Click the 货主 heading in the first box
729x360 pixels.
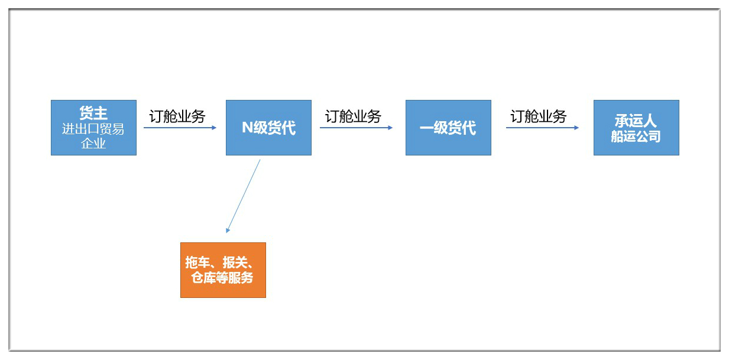tap(93, 113)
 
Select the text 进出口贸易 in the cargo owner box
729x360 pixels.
tap(93, 129)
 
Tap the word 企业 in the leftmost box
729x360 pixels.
tap(93, 143)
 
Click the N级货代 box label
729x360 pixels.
tap(268, 128)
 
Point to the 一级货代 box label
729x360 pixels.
tap(448, 128)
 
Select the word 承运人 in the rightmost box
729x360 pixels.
tap(636, 121)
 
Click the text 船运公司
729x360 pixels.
tap(636, 136)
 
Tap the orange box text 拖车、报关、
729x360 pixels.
tap(219, 262)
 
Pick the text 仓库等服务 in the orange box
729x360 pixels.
tap(222, 278)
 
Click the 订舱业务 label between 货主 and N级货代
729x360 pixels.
tap(177, 116)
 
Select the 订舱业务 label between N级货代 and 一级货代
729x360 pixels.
tap(353, 116)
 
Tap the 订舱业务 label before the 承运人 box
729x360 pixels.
tap(539, 116)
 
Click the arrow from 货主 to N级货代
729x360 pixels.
tap(180, 128)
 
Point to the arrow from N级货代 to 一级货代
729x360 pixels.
tap(356, 128)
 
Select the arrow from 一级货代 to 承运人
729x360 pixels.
tap(542, 128)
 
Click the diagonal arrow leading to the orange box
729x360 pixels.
tap(243, 196)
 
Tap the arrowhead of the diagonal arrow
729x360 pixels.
tap(228, 231)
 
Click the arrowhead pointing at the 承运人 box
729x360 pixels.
tap(576, 128)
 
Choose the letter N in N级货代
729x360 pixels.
tap(247, 128)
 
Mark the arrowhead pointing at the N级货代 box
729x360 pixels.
tap(214, 128)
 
